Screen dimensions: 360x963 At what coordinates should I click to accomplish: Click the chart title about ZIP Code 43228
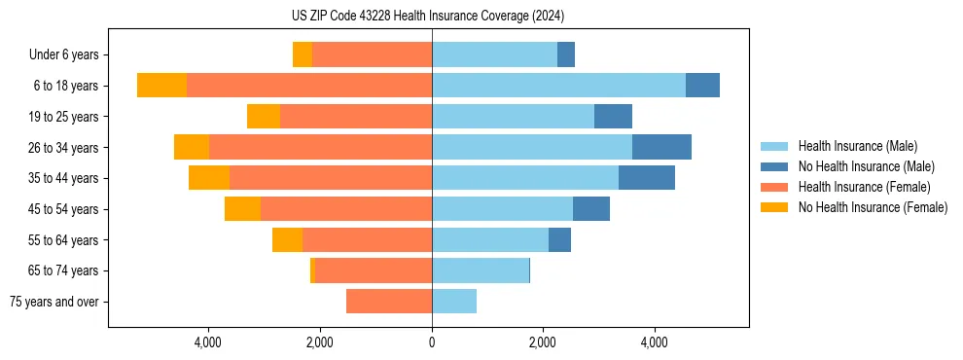tap(428, 17)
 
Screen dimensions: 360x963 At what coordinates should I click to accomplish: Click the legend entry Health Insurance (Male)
tap(857, 146)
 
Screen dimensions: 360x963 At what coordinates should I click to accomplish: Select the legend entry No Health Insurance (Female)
tap(873, 207)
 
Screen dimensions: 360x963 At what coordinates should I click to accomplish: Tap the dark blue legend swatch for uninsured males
tap(775, 166)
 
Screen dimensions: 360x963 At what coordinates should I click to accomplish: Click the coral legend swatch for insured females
tap(775, 187)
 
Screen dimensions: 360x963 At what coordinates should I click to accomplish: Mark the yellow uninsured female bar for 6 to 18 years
tap(161, 86)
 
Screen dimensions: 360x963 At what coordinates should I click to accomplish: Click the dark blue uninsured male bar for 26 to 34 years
tap(661, 147)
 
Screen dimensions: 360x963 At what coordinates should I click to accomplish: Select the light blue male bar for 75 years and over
tap(454, 302)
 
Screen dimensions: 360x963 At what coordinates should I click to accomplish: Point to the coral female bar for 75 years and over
tap(389, 302)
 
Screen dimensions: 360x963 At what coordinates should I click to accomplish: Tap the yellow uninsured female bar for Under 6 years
tap(303, 54)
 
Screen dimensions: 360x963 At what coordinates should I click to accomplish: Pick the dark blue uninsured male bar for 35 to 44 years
tap(647, 178)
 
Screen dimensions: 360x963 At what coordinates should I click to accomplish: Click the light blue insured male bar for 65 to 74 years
tap(481, 270)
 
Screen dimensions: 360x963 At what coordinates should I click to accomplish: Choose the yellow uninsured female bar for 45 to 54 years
tap(242, 209)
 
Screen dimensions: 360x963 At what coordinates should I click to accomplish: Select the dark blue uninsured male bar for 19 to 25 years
tap(613, 117)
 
